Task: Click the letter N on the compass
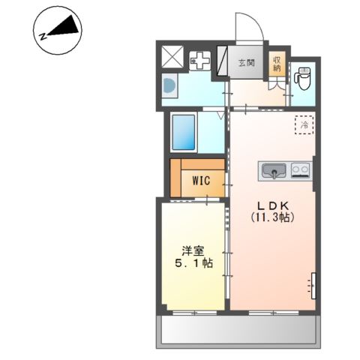click(43, 37)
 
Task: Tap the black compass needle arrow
click(66, 26)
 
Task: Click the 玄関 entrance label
click(247, 63)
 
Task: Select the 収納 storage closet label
click(277, 64)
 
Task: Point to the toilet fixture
click(302, 78)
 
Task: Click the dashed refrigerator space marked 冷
click(304, 124)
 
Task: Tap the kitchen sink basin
click(274, 171)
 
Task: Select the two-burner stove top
click(301, 170)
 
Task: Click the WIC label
click(201, 181)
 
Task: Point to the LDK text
click(273, 205)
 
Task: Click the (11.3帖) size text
click(272, 217)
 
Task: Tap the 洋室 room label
click(193, 251)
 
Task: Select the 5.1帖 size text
click(193, 263)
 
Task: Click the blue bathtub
click(184, 132)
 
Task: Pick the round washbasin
click(168, 86)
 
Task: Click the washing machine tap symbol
click(200, 61)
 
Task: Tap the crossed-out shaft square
click(172, 57)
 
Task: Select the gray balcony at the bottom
click(238, 331)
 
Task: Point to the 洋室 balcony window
click(195, 313)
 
